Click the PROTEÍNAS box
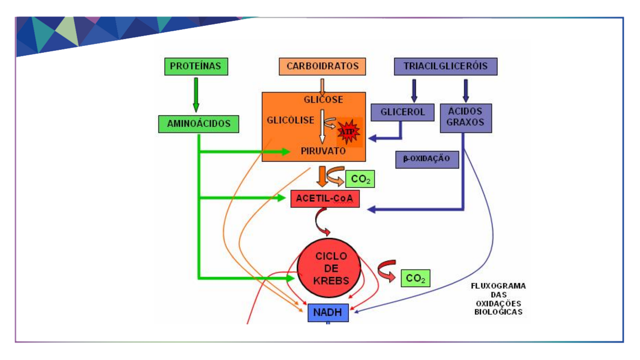(196, 66)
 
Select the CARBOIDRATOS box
(322, 66)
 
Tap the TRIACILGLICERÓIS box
(445, 66)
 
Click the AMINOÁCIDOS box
(199, 124)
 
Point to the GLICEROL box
(402, 112)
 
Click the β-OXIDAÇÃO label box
(427, 159)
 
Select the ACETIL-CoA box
(325, 199)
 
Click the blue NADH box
(328, 313)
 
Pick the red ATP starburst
(348, 132)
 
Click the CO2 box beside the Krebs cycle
(415, 278)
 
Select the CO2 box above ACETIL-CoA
(360, 179)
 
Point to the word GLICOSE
(323, 100)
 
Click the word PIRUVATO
(323, 151)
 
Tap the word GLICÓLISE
(290, 120)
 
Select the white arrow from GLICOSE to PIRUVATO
(322, 127)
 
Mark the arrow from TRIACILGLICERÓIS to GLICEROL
(414, 90)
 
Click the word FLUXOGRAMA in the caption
(498, 286)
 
